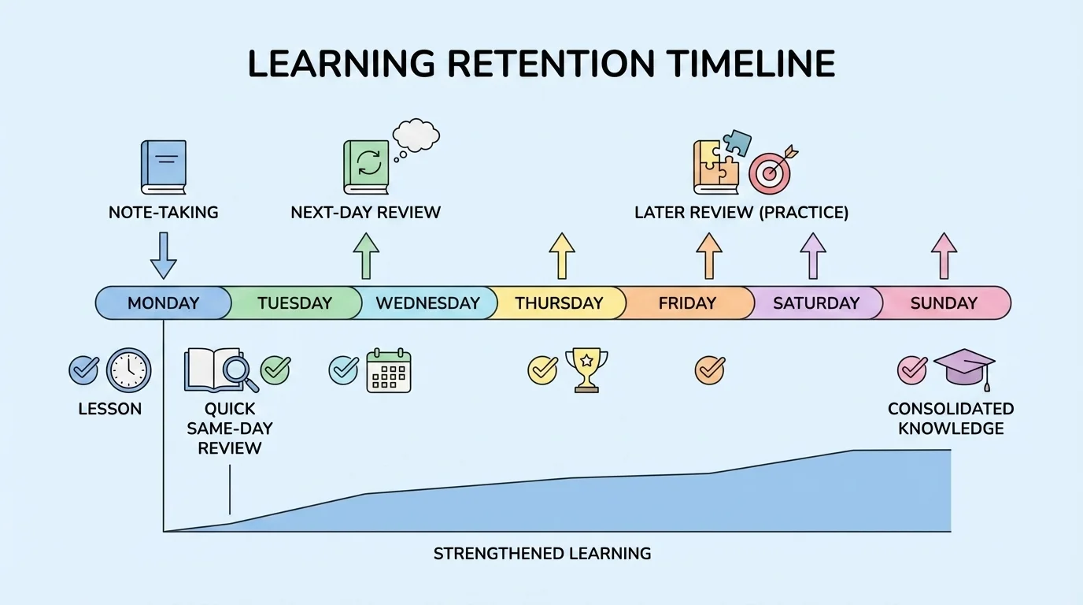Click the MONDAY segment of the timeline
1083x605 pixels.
tap(164, 302)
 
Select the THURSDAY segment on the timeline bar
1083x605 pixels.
tap(559, 302)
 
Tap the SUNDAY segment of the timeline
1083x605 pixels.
tap(943, 302)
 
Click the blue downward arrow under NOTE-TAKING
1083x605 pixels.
tap(164, 254)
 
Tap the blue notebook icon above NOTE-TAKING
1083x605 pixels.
tap(164, 166)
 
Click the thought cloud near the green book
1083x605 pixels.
tap(416, 136)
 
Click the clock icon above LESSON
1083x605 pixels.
tap(128, 369)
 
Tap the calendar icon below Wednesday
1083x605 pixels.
tap(389, 370)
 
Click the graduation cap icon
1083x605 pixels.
tap(964, 368)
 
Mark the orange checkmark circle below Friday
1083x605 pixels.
tap(709, 369)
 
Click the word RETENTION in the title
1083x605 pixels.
tap(542, 64)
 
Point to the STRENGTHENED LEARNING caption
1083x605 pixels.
tap(542, 553)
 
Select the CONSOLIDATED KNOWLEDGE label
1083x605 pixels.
tap(951, 418)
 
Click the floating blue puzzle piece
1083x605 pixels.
tap(737, 143)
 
